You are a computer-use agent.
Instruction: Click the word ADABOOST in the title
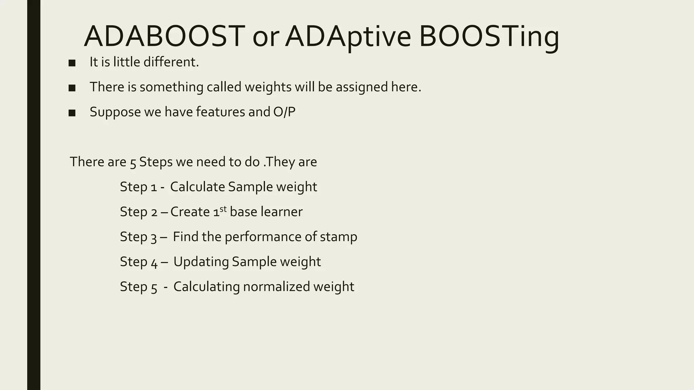(x=164, y=36)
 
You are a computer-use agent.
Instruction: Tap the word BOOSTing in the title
(x=489, y=36)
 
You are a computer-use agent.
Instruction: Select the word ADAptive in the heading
(x=348, y=36)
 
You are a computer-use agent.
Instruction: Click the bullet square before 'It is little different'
(x=72, y=63)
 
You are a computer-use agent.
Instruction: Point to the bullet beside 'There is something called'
(x=72, y=88)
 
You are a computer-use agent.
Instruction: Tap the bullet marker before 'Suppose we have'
(x=72, y=113)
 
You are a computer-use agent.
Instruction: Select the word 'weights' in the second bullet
(x=268, y=87)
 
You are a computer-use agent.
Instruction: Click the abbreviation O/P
(x=284, y=112)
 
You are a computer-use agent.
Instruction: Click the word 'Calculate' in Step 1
(x=198, y=187)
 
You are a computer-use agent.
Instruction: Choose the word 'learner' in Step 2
(x=283, y=212)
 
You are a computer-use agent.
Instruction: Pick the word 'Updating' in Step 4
(x=201, y=262)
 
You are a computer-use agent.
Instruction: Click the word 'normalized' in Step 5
(x=276, y=287)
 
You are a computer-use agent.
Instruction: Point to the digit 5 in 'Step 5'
(x=154, y=288)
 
